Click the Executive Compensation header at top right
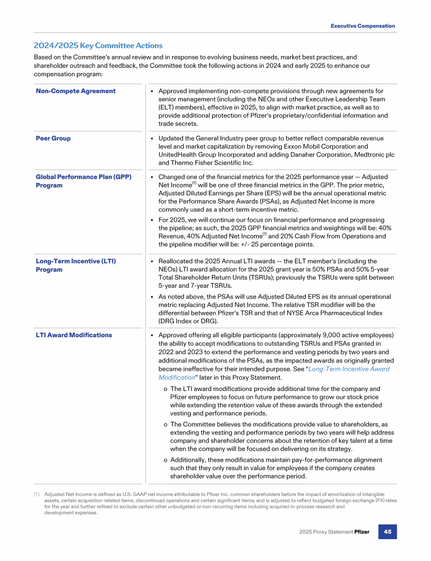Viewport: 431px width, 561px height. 363,26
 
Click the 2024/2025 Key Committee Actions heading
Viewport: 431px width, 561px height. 98,45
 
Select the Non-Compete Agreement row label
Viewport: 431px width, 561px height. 76,91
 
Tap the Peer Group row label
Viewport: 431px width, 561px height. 53,139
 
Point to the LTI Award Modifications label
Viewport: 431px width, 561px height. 74,335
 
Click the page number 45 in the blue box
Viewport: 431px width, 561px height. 387,531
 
